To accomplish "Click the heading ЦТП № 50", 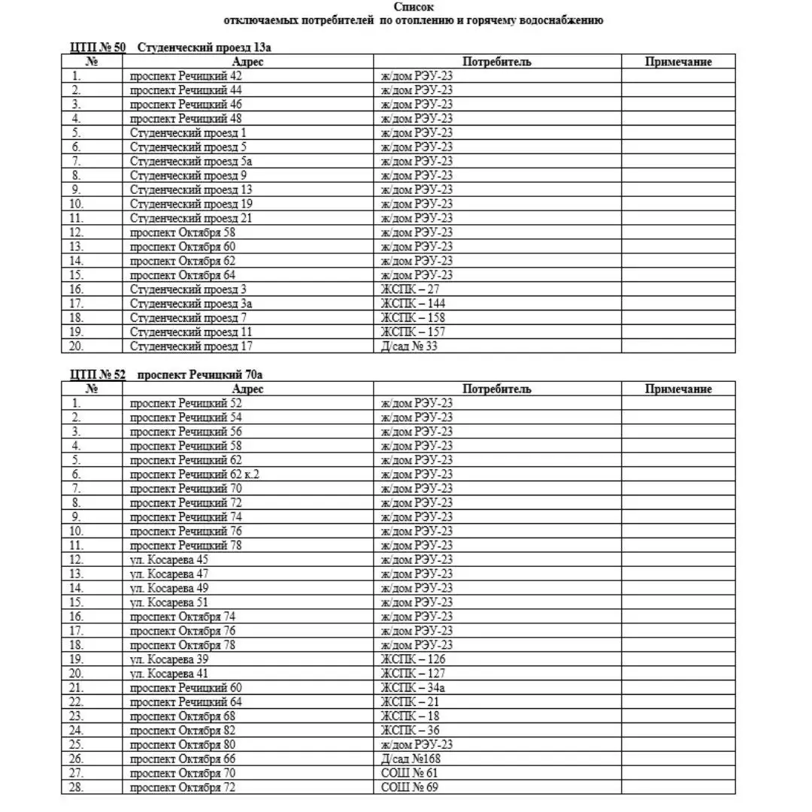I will click(98, 47).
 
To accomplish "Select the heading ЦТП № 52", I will click(98, 374).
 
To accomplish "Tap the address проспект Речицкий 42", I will click(186, 76).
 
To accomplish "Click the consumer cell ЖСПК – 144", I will click(413, 303).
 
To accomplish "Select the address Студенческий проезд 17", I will click(191, 346).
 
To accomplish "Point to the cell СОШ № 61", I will click(410, 773).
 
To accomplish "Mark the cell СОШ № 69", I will click(410, 787).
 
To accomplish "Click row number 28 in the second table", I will click(77, 787).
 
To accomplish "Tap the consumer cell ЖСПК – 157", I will click(413, 332).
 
